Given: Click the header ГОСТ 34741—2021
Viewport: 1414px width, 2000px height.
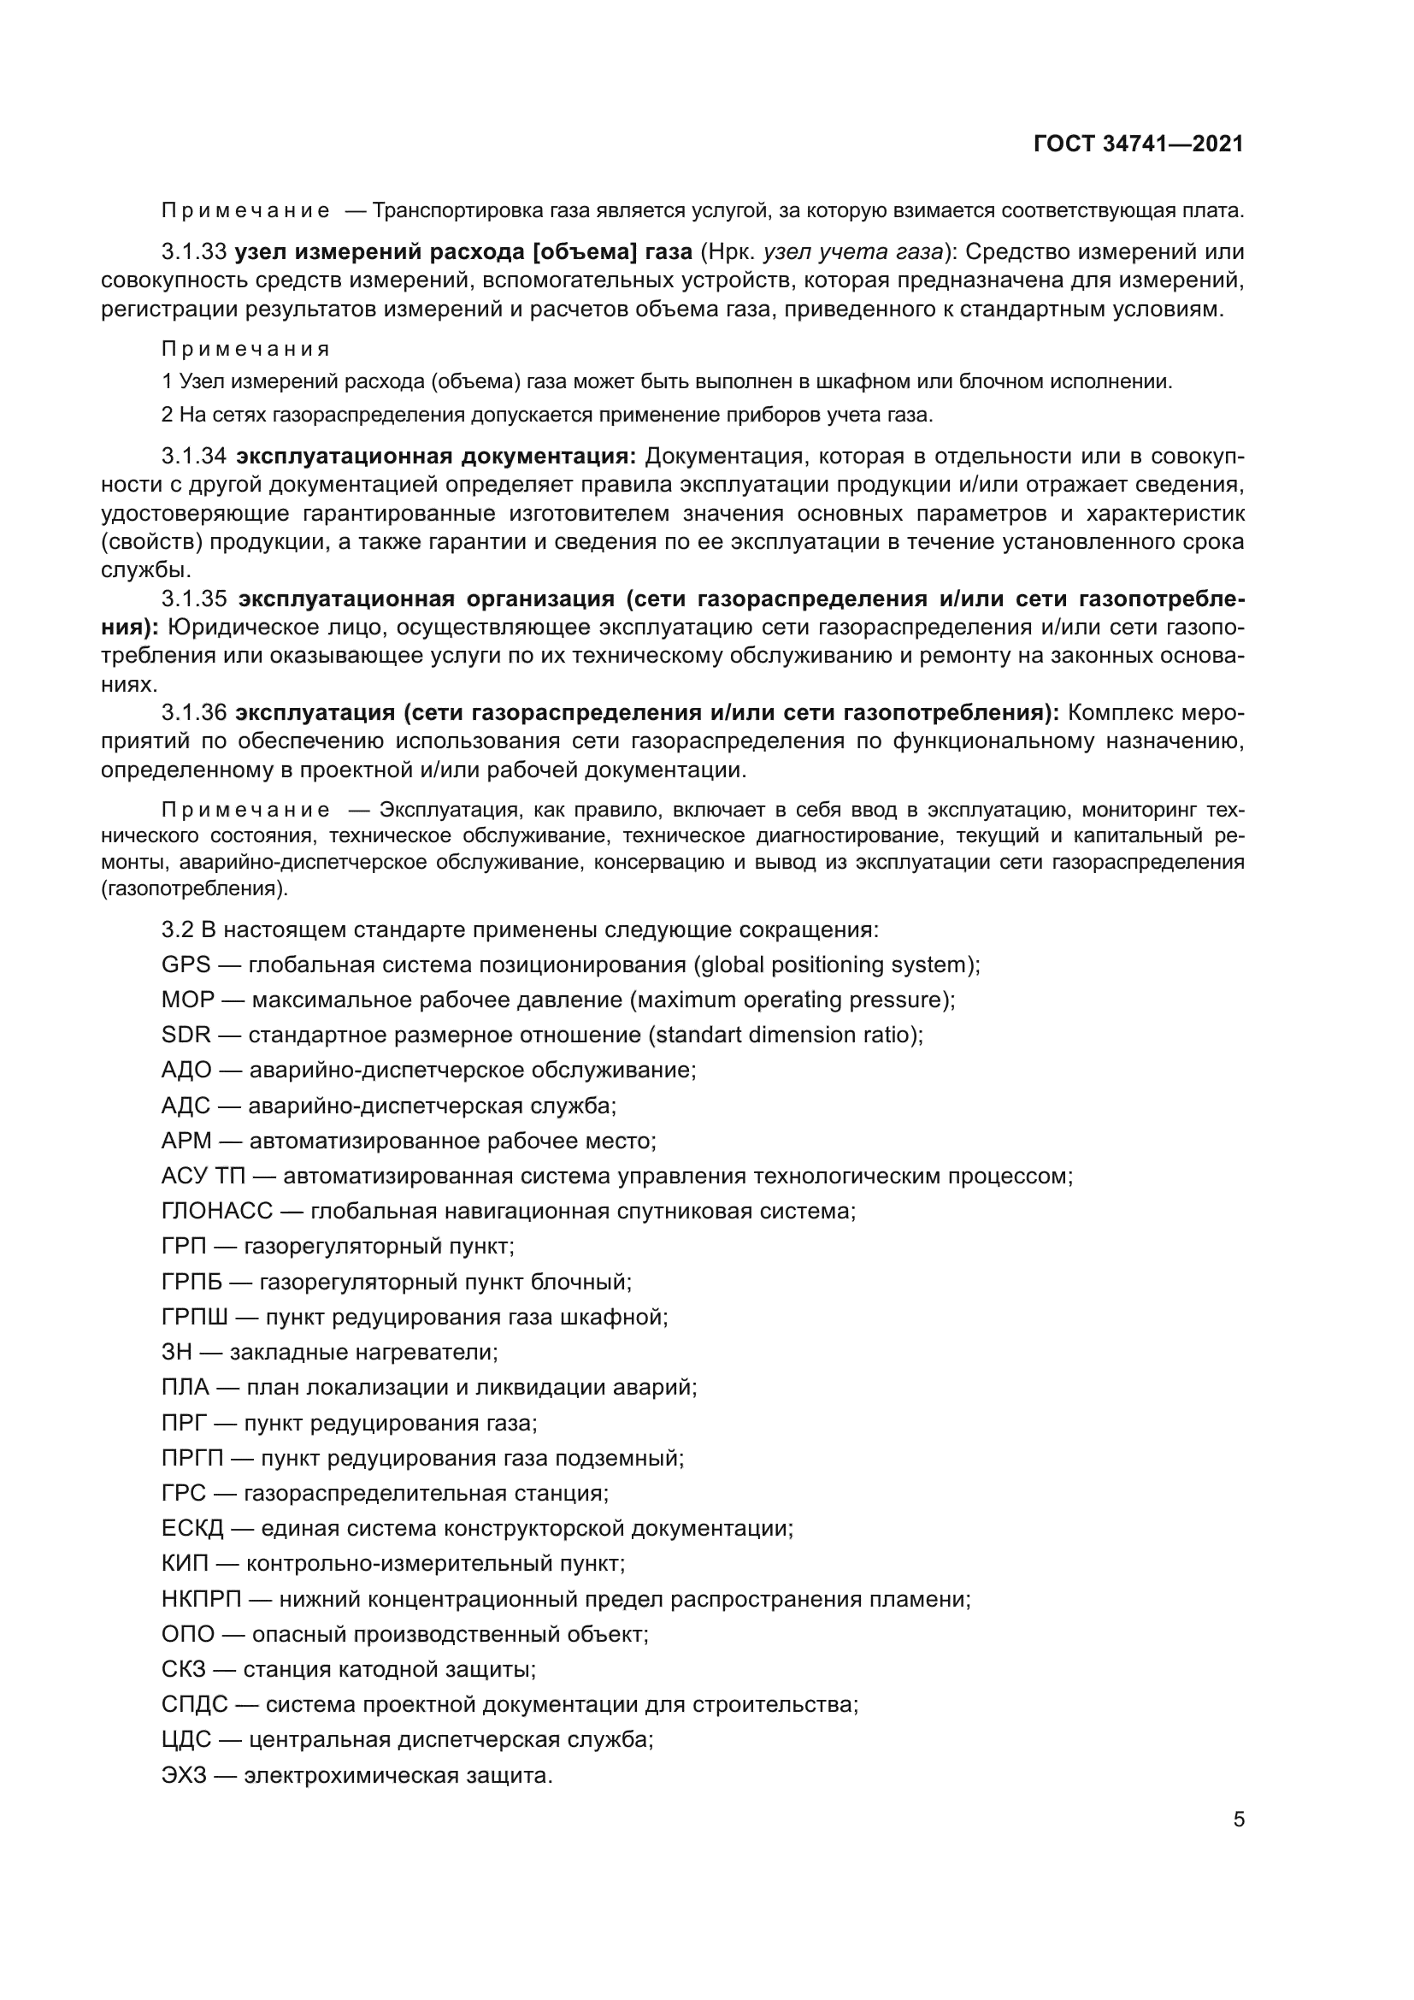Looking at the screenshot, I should tap(1138, 144).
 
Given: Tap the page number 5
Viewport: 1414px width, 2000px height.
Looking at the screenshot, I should tap(1238, 1820).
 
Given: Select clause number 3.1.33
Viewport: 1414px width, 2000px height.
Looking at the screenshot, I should tap(193, 251).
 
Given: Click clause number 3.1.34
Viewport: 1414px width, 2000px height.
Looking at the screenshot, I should tap(193, 457).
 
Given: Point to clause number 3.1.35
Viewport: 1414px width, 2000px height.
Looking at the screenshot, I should tap(193, 599).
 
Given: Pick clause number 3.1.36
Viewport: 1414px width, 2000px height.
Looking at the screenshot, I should tap(193, 712).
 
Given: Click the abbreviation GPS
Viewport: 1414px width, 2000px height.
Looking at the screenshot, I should tap(186, 965).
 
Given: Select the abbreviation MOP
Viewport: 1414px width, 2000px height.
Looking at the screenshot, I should tap(187, 1000).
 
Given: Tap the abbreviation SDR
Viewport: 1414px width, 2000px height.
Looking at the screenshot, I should tap(186, 1035).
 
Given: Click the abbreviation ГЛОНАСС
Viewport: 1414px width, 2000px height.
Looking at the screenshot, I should tap(217, 1212).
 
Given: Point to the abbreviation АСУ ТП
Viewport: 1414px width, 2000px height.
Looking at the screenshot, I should tap(203, 1177).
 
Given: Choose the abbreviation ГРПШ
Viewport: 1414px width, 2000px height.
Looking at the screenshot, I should tap(194, 1317).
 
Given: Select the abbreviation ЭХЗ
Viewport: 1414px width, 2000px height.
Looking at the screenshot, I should tap(184, 1775).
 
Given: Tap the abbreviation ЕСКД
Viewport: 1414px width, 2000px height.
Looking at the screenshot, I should tap(192, 1529).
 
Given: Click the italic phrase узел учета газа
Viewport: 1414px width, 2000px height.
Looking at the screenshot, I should tap(853, 251).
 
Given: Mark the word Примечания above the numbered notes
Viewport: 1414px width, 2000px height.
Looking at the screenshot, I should tap(245, 350).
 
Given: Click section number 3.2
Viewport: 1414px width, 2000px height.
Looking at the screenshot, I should tap(177, 929).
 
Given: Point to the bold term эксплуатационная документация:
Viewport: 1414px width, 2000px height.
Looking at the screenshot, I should tap(436, 457).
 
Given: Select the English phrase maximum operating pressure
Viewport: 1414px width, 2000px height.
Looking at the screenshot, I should tap(788, 1000).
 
